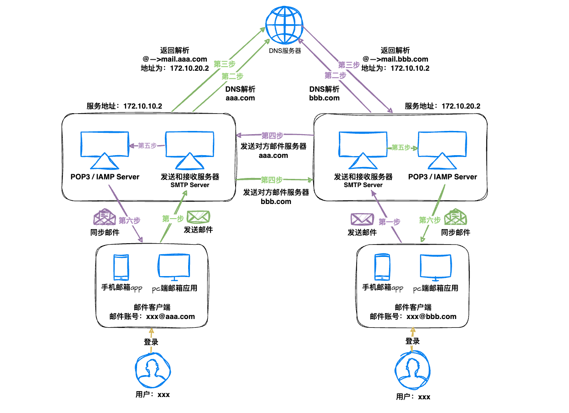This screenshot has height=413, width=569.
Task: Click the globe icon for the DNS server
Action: click(284, 26)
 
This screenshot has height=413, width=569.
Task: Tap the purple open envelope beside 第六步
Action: click(105, 217)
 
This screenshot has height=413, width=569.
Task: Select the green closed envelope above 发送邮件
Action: click(198, 217)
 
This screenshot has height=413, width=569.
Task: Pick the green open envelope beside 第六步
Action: click(455, 217)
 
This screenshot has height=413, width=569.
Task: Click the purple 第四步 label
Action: click(272, 136)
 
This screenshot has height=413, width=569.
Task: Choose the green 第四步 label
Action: click(272, 179)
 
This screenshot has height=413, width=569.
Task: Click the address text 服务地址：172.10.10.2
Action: click(124, 106)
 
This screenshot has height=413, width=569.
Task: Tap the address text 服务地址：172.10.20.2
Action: click(442, 106)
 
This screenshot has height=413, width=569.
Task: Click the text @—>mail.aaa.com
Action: click(175, 59)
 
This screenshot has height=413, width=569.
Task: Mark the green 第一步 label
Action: click(173, 219)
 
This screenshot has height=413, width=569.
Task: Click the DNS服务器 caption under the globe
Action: click(284, 51)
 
